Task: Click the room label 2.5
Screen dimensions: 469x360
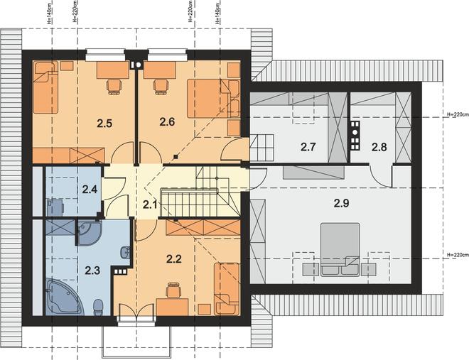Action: click(104, 123)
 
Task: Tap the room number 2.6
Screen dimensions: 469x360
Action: click(167, 122)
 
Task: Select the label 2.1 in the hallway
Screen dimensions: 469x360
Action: click(149, 205)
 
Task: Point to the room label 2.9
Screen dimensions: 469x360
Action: click(341, 204)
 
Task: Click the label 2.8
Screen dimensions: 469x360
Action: click(379, 147)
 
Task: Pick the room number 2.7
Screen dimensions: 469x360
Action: click(308, 147)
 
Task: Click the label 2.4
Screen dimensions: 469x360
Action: click(90, 189)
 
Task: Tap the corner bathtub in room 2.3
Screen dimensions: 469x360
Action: click(64, 296)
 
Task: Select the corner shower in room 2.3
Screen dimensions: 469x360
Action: click(88, 233)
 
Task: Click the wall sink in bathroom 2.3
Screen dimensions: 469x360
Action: click(125, 253)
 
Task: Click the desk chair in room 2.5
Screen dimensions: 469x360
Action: click(114, 87)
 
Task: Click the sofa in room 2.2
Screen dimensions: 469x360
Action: click(227, 288)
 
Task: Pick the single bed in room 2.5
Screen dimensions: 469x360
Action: click(45, 87)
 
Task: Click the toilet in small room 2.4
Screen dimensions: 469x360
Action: click(55, 207)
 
